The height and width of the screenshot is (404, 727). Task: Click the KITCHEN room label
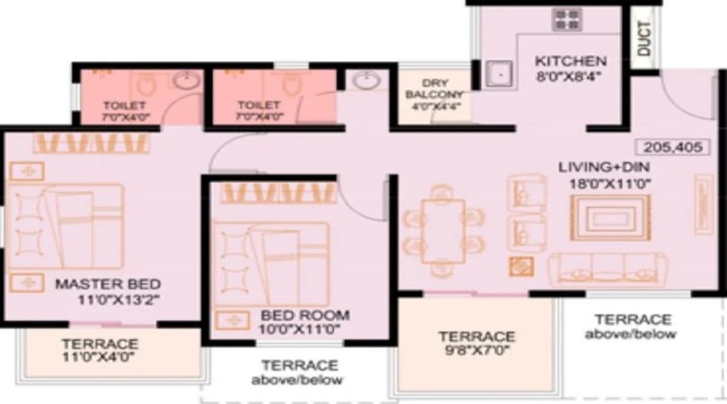tap(570, 61)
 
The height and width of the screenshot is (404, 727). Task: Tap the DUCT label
tap(645, 39)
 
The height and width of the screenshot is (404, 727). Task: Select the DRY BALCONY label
tap(435, 89)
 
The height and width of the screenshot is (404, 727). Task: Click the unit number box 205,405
tap(672, 148)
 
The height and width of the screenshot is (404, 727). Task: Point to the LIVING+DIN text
tap(603, 167)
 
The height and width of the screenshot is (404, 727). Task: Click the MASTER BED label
tap(108, 284)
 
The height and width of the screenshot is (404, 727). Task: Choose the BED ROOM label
tap(305, 315)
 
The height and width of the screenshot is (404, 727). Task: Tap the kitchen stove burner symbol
tap(567, 20)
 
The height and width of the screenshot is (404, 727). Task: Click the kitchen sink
tap(499, 74)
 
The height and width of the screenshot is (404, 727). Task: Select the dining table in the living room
tap(443, 231)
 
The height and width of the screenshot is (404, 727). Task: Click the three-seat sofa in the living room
tap(607, 269)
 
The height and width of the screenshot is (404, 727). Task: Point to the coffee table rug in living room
tap(610, 217)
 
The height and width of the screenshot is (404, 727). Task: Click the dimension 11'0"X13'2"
tap(118, 300)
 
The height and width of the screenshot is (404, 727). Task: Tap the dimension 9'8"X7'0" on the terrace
tap(477, 350)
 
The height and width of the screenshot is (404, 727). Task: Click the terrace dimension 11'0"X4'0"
tap(99, 357)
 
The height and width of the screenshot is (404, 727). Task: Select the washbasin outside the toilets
tap(366, 80)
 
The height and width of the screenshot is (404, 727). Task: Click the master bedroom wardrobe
tap(91, 143)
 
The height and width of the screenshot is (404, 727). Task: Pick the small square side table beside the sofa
tap(521, 267)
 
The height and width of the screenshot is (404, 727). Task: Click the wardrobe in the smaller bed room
tap(278, 193)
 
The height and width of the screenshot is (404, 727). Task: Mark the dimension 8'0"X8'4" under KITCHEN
tap(569, 77)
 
